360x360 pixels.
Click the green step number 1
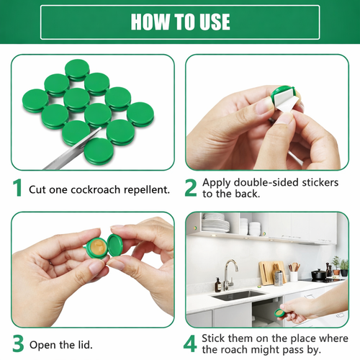[17, 189]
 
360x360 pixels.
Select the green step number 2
[191, 188]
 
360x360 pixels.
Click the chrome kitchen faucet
[228, 274]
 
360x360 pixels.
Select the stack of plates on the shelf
[215, 224]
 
